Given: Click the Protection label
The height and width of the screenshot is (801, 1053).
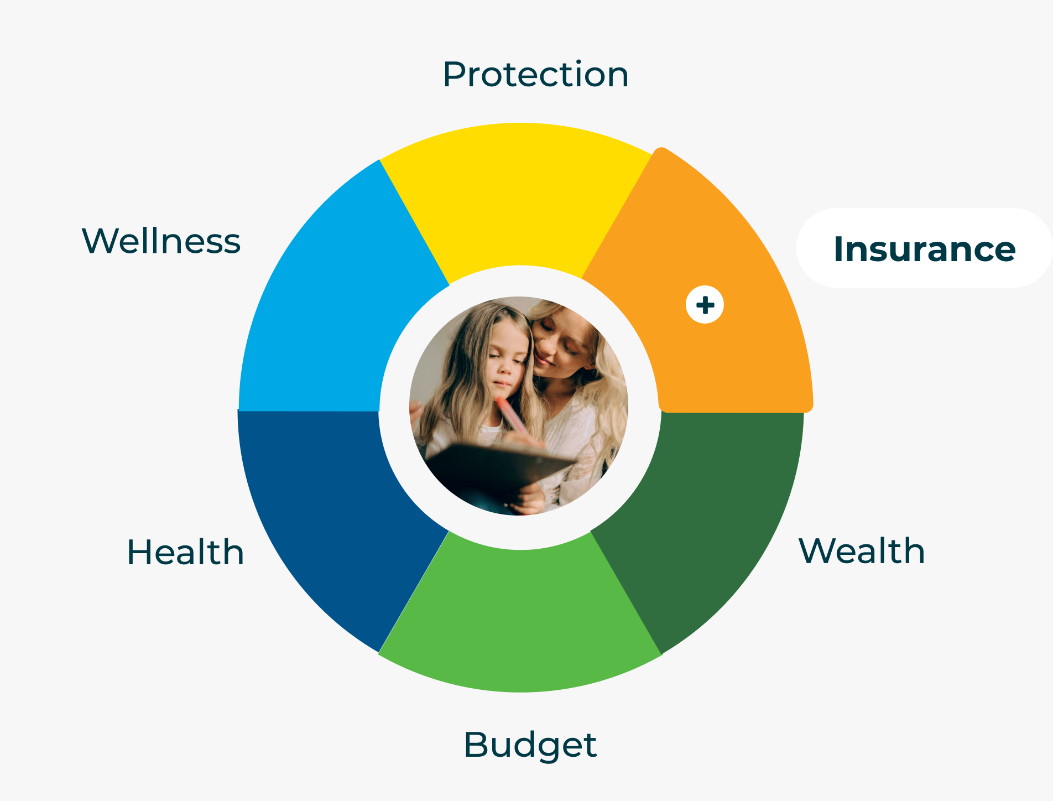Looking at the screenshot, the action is point(535,74).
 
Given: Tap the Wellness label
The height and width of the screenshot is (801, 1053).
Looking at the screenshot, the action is point(161,241).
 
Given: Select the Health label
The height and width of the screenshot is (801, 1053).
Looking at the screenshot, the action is point(185,552).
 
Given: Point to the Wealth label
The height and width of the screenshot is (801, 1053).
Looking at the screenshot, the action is point(862,551).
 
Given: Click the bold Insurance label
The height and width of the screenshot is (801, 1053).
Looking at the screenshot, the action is point(924,249).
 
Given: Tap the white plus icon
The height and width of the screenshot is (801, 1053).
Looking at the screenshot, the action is point(705,305).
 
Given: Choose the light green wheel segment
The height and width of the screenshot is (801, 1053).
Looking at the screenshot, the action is point(520,620).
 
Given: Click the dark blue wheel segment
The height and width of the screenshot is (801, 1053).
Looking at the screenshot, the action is point(332,514).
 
